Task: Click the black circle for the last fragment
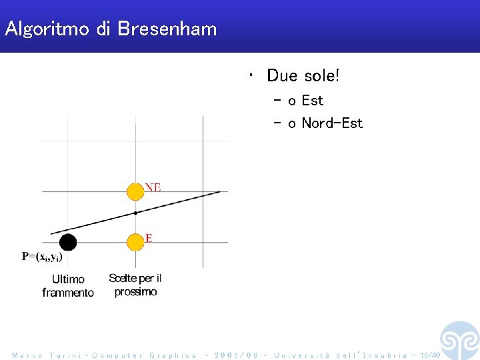[x=68, y=242]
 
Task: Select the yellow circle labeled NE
[x=135, y=192]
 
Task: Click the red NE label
[x=153, y=187]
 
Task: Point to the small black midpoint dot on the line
[x=135, y=213]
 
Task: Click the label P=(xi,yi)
[x=42, y=257]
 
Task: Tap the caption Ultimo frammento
[x=68, y=285]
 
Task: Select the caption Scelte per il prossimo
[x=135, y=285]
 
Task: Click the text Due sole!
[x=303, y=76]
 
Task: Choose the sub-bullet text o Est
[x=306, y=101]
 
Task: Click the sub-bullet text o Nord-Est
[x=325, y=123]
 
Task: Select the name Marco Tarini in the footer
[x=47, y=355]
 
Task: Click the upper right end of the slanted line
[x=220, y=192]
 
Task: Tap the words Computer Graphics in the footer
[x=144, y=355]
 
